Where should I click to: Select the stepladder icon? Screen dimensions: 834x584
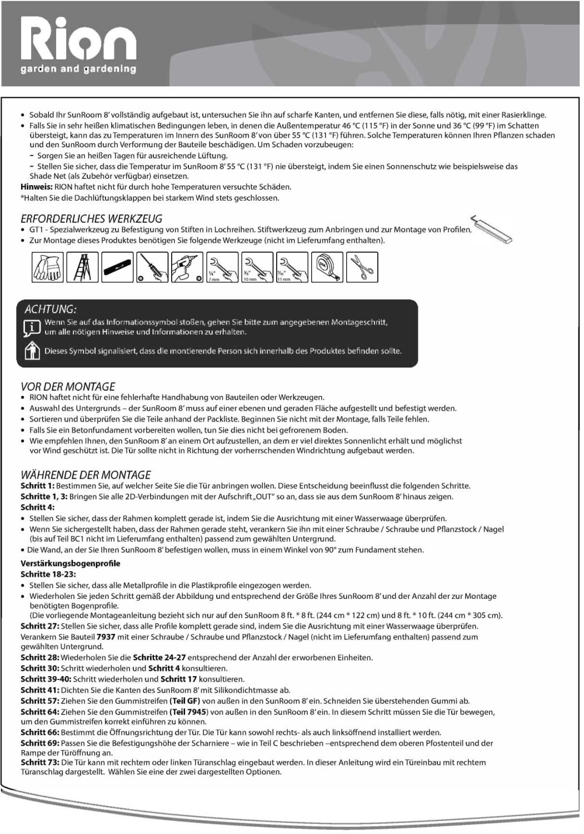tap(83, 266)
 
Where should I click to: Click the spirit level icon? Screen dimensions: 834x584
tap(118, 266)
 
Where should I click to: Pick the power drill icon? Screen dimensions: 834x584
tap(187, 266)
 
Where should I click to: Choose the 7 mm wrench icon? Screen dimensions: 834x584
tap(222, 266)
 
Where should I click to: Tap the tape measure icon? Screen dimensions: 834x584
tap(328, 266)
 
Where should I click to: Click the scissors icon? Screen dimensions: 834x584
tap(362, 266)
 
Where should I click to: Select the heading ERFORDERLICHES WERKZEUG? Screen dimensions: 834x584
tap(91, 219)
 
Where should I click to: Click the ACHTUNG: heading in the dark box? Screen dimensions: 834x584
tap(51, 309)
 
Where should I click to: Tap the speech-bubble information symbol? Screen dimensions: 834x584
tap(31, 327)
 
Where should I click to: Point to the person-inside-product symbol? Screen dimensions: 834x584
tap(31, 351)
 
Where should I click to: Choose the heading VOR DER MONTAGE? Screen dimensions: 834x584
tap(68, 386)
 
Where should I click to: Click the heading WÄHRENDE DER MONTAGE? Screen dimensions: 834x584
tap(86, 475)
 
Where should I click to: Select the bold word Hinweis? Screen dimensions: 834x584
tap(37, 187)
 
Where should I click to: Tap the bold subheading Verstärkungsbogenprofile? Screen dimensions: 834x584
tap(71, 563)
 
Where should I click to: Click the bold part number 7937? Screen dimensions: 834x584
tap(106, 637)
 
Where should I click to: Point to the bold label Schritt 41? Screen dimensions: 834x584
tap(41, 690)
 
